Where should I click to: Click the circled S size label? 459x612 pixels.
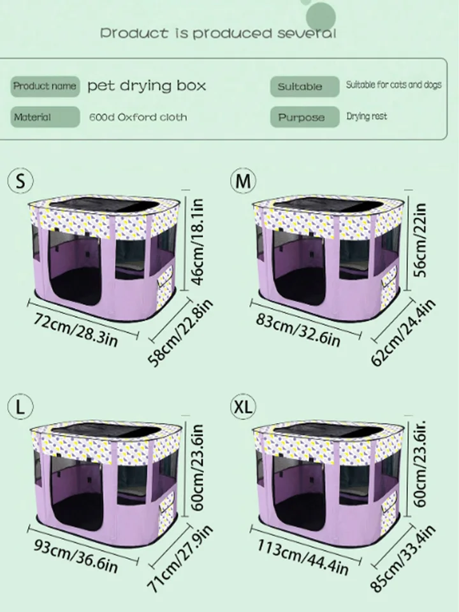(20, 180)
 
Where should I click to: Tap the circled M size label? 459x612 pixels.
(243, 180)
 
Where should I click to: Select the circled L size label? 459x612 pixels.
(20, 406)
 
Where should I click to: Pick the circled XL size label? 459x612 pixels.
(243, 406)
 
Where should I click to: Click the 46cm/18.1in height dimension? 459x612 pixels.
(198, 242)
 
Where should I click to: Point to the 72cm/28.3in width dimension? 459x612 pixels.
(75, 330)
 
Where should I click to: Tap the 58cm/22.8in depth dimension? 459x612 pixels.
(180, 333)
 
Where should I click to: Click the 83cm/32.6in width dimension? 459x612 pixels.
(298, 330)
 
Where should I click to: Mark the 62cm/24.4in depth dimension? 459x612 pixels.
(403, 333)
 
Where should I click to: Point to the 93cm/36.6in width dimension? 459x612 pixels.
(75, 556)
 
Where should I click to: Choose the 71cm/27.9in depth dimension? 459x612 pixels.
(180, 559)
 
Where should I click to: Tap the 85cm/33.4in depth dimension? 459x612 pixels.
(403, 559)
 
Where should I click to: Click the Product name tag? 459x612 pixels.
(45, 86)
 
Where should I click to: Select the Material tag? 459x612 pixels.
(45, 117)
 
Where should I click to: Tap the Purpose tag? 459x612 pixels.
(305, 117)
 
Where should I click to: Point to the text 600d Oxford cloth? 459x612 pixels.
(138, 117)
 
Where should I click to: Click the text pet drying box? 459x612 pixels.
(147, 86)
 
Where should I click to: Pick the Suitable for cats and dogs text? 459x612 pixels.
(394, 85)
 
